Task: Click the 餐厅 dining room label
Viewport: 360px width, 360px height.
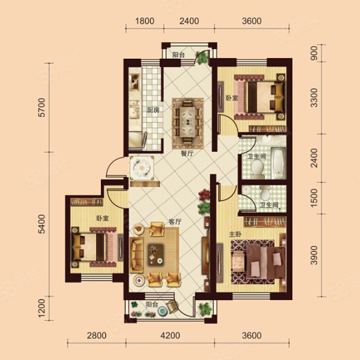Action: pos(187,154)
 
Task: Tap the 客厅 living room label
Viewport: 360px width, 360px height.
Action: pos(175,221)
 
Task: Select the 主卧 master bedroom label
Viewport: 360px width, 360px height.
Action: pos(235,234)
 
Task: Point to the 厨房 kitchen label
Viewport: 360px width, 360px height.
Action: pos(153,110)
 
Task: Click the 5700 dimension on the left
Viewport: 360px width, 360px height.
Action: pos(42,107)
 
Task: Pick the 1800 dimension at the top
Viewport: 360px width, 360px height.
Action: pos(145,21)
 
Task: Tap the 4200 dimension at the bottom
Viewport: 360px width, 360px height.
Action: pos(170,335)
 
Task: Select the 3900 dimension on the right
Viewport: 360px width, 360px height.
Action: pos(314,255)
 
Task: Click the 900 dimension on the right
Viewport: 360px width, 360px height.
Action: pos(314,53)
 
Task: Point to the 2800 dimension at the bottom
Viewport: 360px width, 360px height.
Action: pos(97,335)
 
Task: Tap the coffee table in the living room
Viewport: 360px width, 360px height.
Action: pos(156,253)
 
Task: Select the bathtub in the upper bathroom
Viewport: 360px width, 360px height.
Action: pos(278,163)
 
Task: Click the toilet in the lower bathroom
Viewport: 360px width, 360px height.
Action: pos(265,193)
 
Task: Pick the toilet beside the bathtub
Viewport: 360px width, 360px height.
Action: pos(257,169)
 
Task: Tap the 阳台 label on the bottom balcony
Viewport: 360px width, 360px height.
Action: pos(152,305)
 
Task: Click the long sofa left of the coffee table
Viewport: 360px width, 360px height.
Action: pos(137,255)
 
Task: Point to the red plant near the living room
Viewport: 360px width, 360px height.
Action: pos(204,196)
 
